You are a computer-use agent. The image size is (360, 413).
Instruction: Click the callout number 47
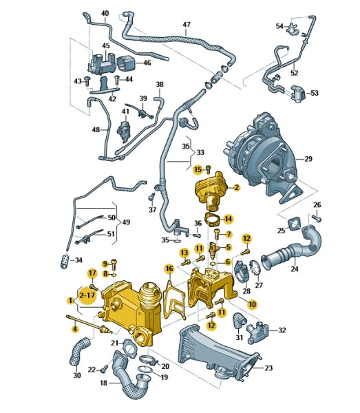pyautogui.click(x=186, y=25)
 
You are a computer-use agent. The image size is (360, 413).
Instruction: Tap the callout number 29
pyautogui.click(x=308, y=159)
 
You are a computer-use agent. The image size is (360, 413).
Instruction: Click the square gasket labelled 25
pyautogui.click(x=296, y=224)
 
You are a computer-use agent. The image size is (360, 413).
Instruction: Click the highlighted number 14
pyautogui.click(x=229, y=219)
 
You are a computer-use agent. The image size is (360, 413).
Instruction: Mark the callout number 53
pyautogui.click(x=315, y=92)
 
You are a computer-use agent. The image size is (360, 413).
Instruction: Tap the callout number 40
pyautogui.click(x=105, y=13)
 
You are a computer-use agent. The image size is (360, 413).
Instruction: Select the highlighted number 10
pyautogui.click(x=252, y=304)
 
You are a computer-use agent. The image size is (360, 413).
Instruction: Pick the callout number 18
pyautogui.click(x=103, y=382)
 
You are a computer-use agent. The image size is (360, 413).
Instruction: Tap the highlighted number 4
pyautogui.click(x=75, y=328)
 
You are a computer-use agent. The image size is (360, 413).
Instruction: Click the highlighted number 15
pyautogui.click(x=197, y=169)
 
